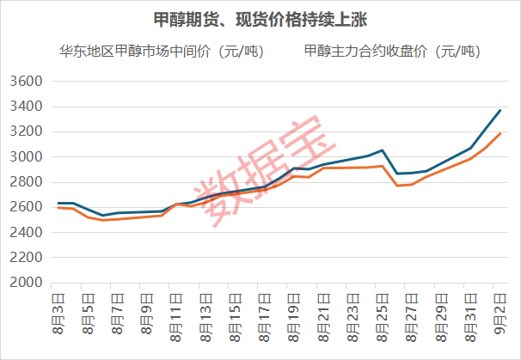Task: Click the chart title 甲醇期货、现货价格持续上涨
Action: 260,20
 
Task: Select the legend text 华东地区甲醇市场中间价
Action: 135,52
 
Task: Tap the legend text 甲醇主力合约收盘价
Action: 365,52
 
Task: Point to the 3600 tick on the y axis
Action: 27,81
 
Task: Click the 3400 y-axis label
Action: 27,107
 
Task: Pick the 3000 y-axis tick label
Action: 27,156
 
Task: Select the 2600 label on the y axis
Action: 27,207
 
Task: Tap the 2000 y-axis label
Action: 27,283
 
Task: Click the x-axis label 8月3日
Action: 58,314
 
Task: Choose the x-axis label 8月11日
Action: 175,318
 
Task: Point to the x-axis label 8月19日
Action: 293,318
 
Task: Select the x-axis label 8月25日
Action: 382,318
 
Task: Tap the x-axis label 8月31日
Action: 470,318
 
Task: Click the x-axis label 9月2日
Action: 500,314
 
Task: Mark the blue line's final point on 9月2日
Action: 500,110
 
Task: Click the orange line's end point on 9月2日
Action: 500,133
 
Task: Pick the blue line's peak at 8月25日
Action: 383,150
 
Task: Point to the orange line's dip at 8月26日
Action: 397,186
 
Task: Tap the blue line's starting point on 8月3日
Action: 58,203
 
